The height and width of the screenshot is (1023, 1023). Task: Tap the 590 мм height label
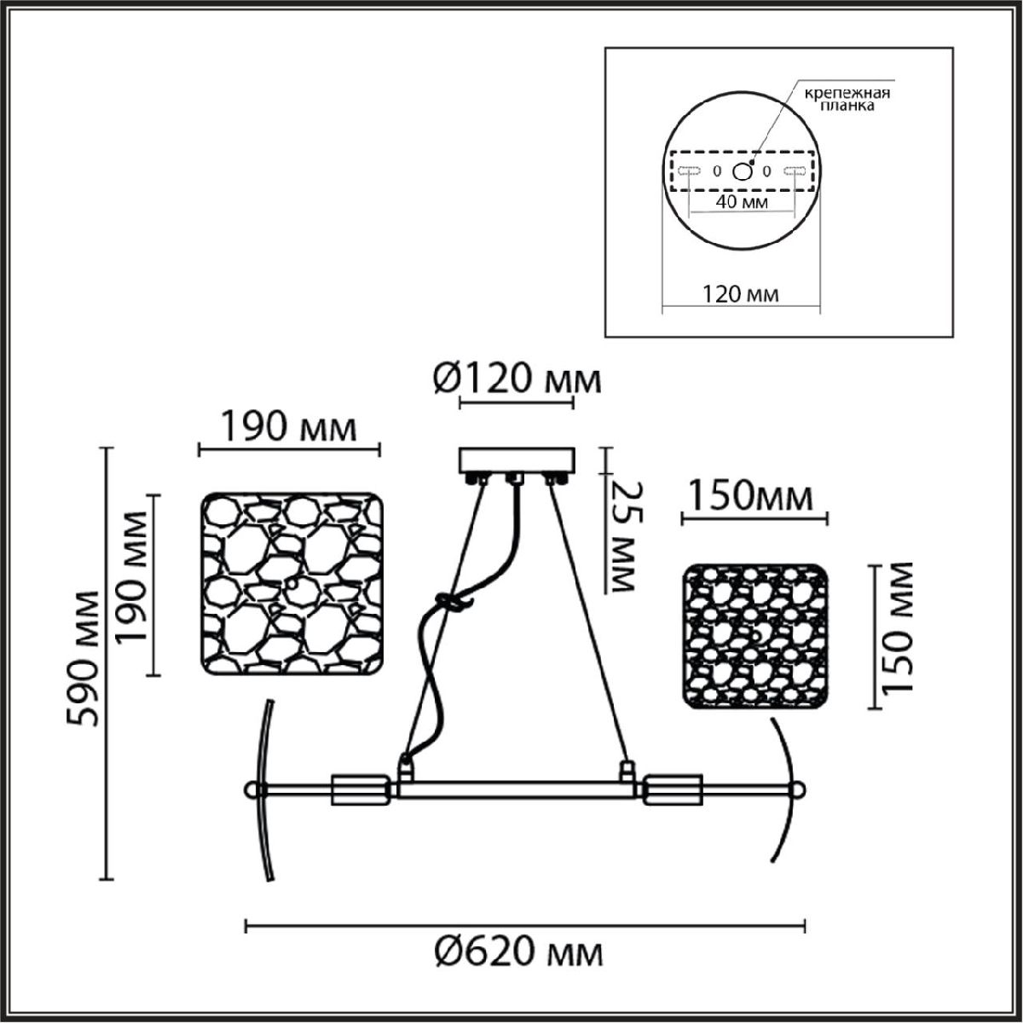tap(83, 658)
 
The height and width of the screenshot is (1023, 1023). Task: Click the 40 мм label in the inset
tap(742, 202)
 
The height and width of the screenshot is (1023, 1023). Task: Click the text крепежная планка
tap(847, 99)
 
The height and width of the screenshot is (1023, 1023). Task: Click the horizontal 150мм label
tap(751, 496)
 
